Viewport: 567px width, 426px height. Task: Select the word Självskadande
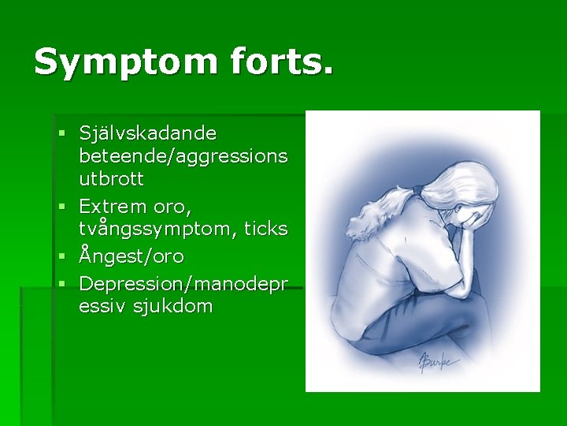(148, 132)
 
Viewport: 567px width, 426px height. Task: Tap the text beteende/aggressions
(183, 155)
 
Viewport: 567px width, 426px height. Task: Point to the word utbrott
(111, 179)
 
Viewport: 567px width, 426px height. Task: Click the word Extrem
(113, 206)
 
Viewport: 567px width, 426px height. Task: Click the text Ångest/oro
(131, 256)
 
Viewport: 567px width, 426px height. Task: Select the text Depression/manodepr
(183, 282)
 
